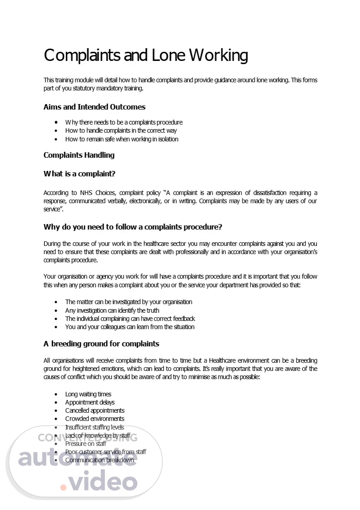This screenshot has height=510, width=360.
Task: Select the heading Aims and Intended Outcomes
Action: (x=95, y=107)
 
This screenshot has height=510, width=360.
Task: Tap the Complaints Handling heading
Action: (x=79, y=155)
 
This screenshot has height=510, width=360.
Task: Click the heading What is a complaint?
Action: (x=79, y=174)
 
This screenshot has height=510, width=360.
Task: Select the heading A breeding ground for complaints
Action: (x=101, y=344)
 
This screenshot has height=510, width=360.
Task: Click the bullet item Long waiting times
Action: (x=88, y=394)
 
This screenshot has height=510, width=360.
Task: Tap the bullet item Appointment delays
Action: (x=90, y=402)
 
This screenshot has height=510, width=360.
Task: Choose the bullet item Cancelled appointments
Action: (x=95, y=410)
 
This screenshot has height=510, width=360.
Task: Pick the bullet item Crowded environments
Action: (x=95, y=419)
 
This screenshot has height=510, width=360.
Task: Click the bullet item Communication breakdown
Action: (x=100, y=460)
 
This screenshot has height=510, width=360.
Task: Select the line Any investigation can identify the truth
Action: (x=112, y=310)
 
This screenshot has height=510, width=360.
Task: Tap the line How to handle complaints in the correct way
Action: (x=121, y=130)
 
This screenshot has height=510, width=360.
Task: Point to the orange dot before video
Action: (x=63, y=487)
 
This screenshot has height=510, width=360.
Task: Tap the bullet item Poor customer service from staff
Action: (x=105, y=452)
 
